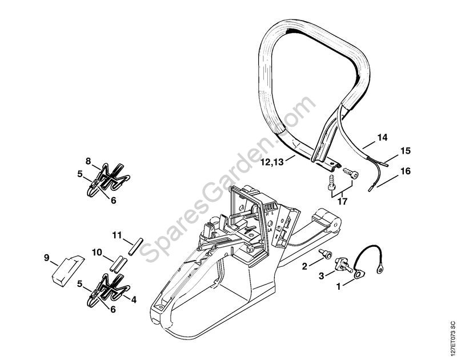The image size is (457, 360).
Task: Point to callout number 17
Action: tap(342, 201)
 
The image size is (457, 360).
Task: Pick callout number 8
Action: tap(89, 161)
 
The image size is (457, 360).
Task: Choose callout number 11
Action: tap(117, 235)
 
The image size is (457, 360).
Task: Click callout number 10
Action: tap(97, 251)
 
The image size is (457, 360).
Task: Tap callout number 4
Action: tap(134, 298)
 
